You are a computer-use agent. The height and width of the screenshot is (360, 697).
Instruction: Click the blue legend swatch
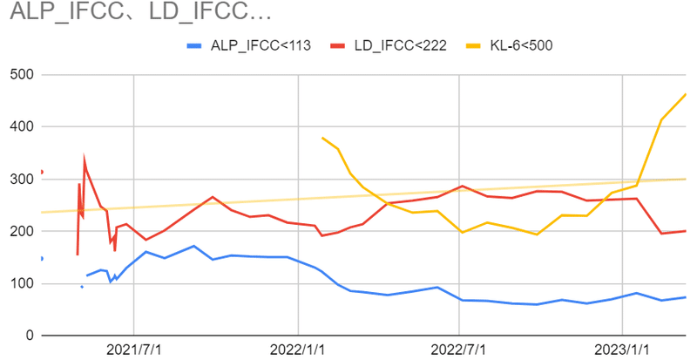(x=195, y=46)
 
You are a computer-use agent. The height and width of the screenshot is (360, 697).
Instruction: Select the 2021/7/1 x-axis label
(x=133, y=349)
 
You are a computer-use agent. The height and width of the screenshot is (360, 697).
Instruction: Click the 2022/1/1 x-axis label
(x=298, y=349)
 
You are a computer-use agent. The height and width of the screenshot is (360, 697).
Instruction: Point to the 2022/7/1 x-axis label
(x=460, y=349)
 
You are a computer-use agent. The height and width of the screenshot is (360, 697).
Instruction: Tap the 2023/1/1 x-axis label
(x=623, y=349)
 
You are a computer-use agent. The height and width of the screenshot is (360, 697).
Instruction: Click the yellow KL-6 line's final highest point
(x=686, y=94)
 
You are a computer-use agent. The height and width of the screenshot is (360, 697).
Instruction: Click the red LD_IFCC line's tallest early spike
(x=85, y=160)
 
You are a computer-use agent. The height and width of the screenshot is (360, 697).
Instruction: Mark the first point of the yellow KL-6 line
(x=322, y=138)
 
